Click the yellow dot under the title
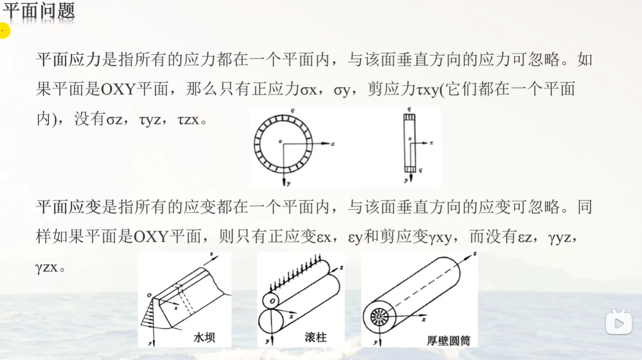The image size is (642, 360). (3, 31)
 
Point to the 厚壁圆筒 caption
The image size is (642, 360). (448, 340)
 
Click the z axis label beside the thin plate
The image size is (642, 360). (431, 143)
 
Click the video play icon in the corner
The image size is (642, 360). (618, 323)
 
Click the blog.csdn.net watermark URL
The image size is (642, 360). (583, 351)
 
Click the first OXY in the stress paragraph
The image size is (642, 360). (118, 90)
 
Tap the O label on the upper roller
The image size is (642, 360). (272, 300)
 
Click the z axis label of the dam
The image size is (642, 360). (212, 253)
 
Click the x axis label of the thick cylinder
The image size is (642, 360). (424, 319)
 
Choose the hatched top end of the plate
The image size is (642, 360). (409, 117)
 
